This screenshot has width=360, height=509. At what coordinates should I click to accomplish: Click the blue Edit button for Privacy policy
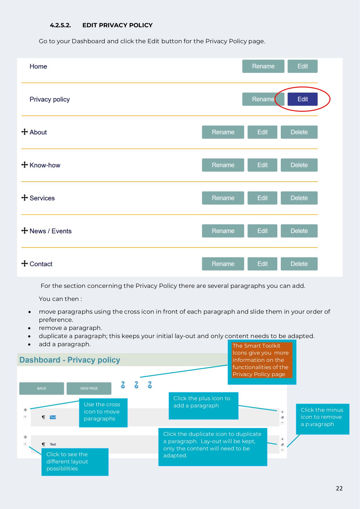pyautogui.click(x=302, y=99)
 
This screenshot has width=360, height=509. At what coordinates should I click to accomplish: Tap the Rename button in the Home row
pyautogui.click(x=263, y=66)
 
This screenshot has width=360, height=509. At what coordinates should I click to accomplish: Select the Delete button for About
pyautogui.click(x=299, y=132)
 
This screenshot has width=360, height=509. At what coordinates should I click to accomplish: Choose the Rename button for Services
pyautogui.click(x=223, y=198)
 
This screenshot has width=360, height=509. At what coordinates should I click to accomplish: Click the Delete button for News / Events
pyautogui.click(x=299, y=231)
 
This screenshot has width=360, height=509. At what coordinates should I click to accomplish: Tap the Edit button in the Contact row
pyautogui.click(x=262, y=264)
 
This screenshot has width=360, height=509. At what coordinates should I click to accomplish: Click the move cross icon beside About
pyautogui.click(x=25, y=132)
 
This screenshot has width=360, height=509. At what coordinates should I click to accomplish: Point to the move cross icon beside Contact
pyautogui.click(x=25, y=263)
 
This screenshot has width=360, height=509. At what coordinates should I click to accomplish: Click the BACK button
pyautogui.click(x=41, y=388)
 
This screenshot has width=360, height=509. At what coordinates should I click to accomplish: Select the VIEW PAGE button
pyautogui.click(x=89, y=388)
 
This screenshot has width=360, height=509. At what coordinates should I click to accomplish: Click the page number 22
pyautogui.click(x=339, y=488)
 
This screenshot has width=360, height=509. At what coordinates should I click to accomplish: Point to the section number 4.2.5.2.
pyautogui.click(x=60, y=25)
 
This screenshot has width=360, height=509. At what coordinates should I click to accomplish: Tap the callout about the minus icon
pyautogui.click(x=322, y=417)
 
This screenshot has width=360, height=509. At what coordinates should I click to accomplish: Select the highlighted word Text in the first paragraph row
pyautogui.click(x=53, y=417)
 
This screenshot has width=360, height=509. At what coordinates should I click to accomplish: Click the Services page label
pyautogui.click(x=42, y=198)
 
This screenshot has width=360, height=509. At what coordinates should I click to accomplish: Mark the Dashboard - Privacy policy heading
pyautogui.click(x=70, y=360)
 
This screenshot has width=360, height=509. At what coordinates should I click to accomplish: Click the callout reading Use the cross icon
pyautogui.click(x=103, y=412)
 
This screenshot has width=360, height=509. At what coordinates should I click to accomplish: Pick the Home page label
pyautogui.click(x=38, y=66)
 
